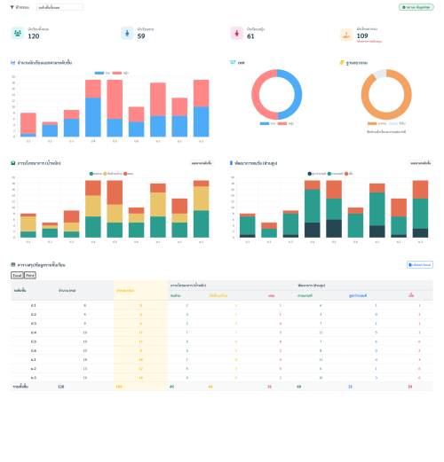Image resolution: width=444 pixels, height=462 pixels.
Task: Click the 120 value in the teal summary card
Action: (34, 36)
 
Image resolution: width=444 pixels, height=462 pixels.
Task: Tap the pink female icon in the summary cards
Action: (236, 34)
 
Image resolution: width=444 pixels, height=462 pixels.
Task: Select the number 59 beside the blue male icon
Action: (141, 36)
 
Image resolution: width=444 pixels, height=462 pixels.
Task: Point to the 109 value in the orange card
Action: (362, 35)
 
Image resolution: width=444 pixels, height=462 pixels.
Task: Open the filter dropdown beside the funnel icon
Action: (59, 7)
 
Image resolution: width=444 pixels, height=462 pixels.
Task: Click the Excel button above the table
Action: (17, 276)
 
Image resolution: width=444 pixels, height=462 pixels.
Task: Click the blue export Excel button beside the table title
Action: (419, 264)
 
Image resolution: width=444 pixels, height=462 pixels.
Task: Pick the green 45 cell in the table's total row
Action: (172, 387)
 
